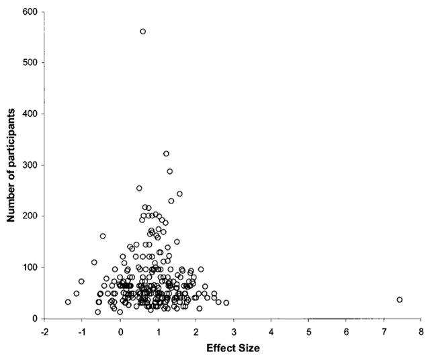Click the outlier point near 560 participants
coord(142,32)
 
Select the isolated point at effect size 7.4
coord(399,300)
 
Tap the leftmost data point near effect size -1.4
coord(68,302)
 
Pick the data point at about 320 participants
coord(166,154)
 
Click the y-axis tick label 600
coord(29,11)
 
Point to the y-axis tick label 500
coord(29,62)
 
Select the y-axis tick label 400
coord(29,114)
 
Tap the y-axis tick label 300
coord(29,165)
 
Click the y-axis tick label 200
coord(29,216)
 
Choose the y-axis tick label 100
coord(29,267)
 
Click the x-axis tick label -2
coord(44,331)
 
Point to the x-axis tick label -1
coord(82,331)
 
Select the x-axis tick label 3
coord(233,331)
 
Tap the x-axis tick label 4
coord(271,331)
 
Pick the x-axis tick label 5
coord(308,331)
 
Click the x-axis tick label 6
coord(346,331)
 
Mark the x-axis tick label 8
coord(421,331)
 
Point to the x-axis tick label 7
coord(384,331)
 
